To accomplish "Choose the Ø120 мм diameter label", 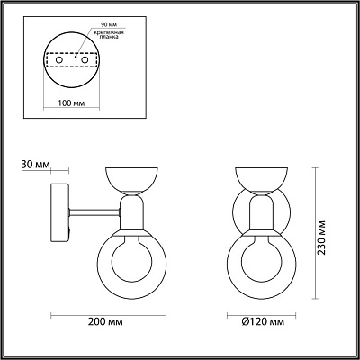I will pyautogui.click(x=264, y=322).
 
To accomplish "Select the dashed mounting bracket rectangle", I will pyautogui.click(x=72, y=60).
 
